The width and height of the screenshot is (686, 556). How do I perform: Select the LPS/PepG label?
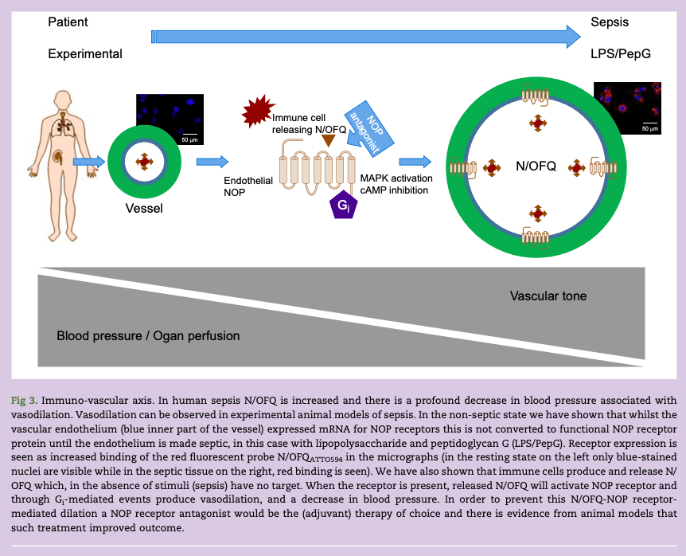click(620, 54)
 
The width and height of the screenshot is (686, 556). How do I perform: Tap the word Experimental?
click(85, 54)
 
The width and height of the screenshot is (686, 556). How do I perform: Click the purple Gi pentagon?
click(342, 205)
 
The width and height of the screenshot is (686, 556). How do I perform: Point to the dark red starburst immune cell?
click(257, 112)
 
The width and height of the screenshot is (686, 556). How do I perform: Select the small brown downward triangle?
click(327, 141)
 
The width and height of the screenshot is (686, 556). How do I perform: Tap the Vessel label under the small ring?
click(144, 209)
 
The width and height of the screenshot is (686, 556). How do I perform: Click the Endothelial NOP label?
click(248, 186)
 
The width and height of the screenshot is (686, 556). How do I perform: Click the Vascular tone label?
click(548, 296)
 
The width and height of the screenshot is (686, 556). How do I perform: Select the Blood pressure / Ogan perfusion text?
click(148, 335)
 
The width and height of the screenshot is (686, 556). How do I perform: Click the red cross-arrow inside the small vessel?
click(144, 162)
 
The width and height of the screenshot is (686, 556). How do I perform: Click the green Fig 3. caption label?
click(24, 399)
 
